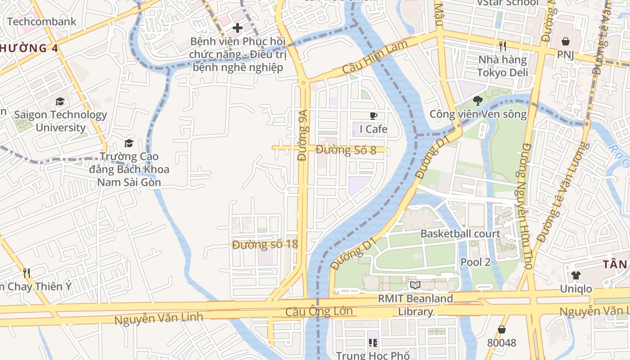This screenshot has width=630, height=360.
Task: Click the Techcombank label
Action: coord(41,21)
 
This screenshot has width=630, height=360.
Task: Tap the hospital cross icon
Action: coord(237,28)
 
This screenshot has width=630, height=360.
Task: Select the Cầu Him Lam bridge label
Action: coord(375,58)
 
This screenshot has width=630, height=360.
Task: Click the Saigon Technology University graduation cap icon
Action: coord(60,102)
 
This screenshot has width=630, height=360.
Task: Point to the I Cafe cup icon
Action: coord(373,116)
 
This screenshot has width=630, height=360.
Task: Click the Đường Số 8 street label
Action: coord(346,150)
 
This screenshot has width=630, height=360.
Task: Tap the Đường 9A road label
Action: coord(303,135)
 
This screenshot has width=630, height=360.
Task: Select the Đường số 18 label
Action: coord(265,245)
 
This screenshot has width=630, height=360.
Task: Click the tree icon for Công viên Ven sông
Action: coord(478,101)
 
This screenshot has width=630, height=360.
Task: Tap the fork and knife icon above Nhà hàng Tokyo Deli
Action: coord(502,46)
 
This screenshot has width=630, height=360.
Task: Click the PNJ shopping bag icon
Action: coord(565,41)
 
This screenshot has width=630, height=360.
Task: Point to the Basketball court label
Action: coord(460,234)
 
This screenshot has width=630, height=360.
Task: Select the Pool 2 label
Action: coord(475,262)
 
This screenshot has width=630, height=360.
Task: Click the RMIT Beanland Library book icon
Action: coord(415,285)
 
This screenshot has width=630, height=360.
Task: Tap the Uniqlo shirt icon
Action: coord(576,275)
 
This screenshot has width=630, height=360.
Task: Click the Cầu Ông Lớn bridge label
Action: coord(319,311)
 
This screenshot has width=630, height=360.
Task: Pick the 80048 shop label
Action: coord(501,343)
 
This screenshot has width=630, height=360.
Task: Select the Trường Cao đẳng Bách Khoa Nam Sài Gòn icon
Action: coord(129,144)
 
